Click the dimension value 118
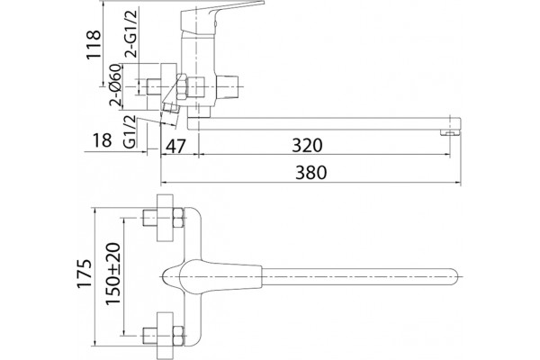94,45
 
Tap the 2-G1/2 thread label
131,33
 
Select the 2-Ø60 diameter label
115,85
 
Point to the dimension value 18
103,139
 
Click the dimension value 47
175,146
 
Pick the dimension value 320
307,145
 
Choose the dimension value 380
310,172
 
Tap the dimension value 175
85,274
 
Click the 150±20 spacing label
113,274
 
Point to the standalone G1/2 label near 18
130,131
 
